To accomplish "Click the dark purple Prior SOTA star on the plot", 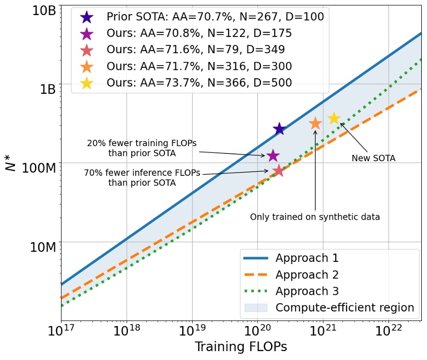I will click(279, 129).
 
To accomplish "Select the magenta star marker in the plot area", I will click(272, 155).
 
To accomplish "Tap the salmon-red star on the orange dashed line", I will click(278, 170).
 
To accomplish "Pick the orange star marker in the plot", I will click(315, 123).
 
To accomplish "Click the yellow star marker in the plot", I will click(334, 118).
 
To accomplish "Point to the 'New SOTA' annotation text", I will click(373, 158).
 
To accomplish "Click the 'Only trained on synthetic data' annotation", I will click(315, 217).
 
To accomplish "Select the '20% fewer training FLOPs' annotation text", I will click(142, 148).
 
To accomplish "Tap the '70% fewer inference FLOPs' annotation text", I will click(142, 178).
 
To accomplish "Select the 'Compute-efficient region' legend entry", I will click(345, 307).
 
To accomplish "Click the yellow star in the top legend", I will click(87, 82).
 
